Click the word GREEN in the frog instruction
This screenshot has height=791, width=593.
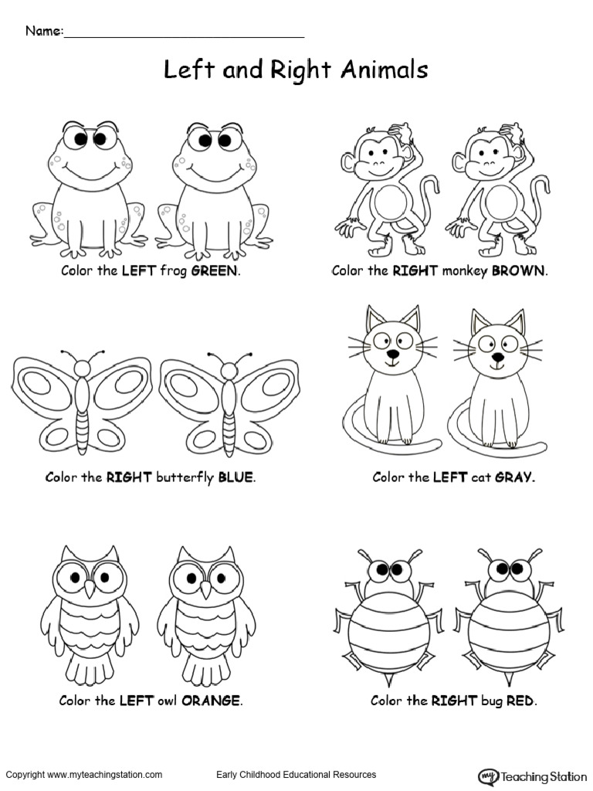(215, 271)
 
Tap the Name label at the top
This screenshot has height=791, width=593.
(44, 32)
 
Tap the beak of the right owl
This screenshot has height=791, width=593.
(206, 590)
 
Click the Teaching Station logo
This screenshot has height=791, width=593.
(534, 776)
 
